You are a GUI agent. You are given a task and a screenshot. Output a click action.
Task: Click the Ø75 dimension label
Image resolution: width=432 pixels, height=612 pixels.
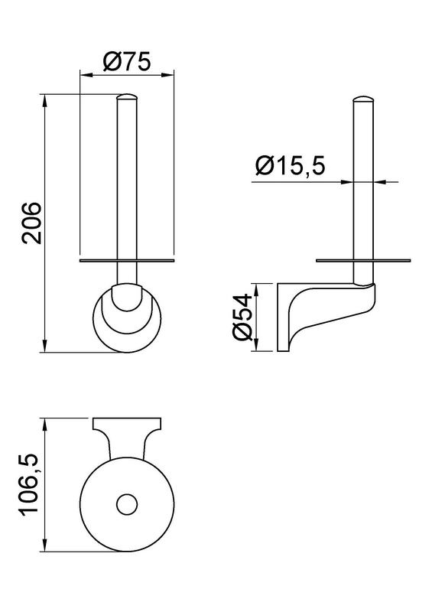[x=127, y=62]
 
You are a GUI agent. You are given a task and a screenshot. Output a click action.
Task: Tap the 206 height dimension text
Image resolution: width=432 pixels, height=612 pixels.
[x=31, y=223]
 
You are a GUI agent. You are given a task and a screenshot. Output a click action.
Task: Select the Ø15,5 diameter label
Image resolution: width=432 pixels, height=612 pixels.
[x=290, y=165]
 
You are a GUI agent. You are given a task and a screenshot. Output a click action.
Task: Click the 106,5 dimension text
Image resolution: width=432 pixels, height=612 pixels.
[x=31, y=485]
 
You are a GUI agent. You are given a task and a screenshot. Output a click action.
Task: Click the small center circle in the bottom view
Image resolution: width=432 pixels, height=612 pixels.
[x=127, y=504]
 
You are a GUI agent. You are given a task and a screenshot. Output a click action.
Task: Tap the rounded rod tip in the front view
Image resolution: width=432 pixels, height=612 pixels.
[x=127, y=97]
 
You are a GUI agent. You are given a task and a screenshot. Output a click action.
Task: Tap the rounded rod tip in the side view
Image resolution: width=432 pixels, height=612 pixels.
[x=363, y=99]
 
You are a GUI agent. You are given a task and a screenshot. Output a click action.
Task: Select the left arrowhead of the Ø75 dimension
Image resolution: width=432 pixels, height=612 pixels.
[x=85, y=73]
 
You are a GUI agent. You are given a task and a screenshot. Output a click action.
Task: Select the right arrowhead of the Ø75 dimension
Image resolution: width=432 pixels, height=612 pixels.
[x=168, y=73]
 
